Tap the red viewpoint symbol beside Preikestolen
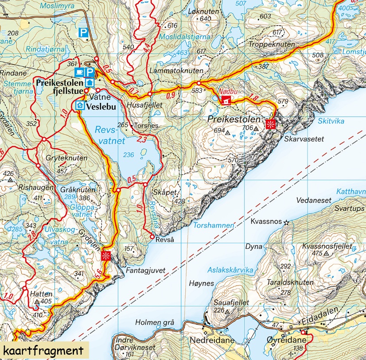270,124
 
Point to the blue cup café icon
79,72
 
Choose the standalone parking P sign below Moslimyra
83,32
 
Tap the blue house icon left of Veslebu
80,105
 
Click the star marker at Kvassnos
286,222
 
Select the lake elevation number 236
128,155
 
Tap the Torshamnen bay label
214,225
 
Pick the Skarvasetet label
304,139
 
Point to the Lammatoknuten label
176,70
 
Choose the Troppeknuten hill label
272,45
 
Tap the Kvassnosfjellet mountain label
327,246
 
